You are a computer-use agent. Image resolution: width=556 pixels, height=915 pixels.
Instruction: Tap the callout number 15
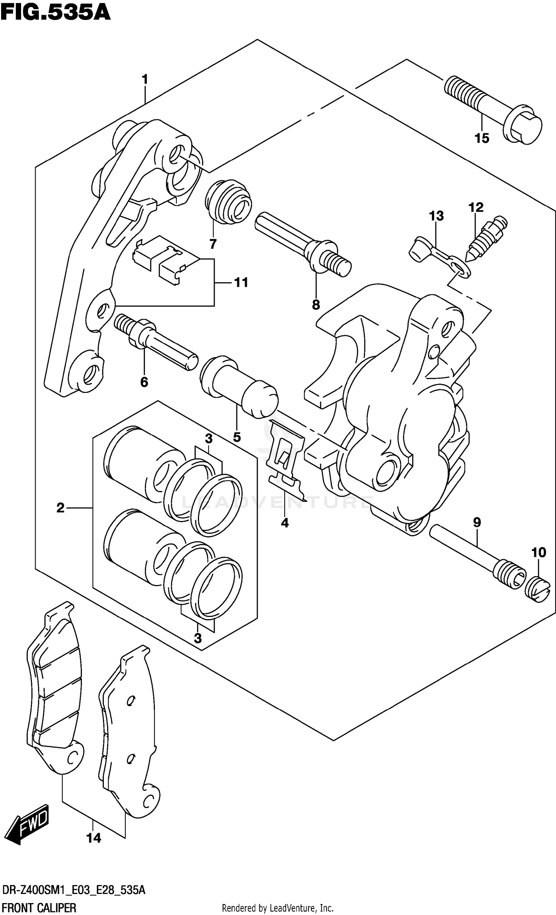coord(481,138)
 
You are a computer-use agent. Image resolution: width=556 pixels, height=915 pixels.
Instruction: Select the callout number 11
coord(241,283)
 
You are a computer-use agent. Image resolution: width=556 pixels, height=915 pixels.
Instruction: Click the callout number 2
coord(60,508)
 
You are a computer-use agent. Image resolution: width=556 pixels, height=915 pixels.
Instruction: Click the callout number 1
coord(145,79)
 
